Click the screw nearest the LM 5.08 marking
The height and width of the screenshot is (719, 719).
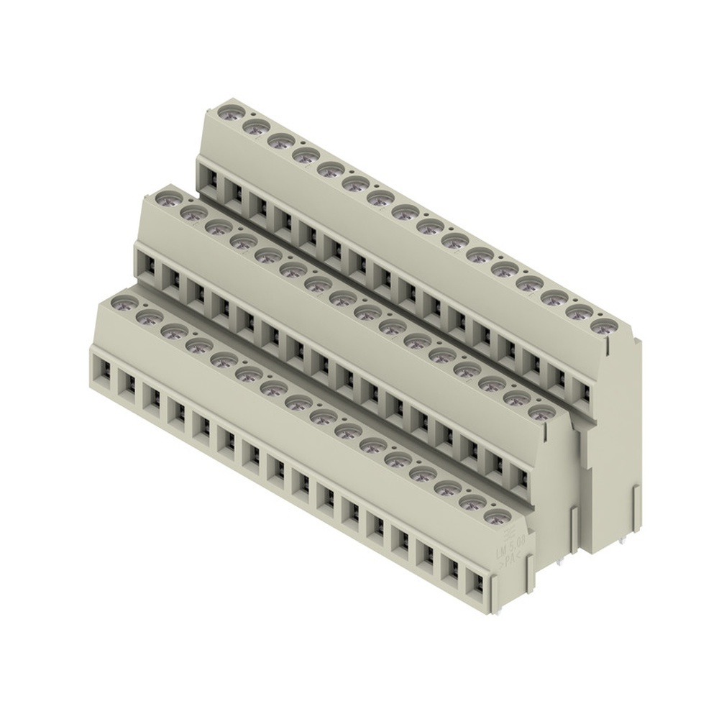[495, 517]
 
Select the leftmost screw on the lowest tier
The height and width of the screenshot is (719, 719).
[124, 303]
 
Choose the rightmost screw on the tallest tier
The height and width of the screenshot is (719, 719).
[601, 327]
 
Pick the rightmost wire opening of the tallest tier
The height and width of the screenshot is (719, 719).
[582, 393]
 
